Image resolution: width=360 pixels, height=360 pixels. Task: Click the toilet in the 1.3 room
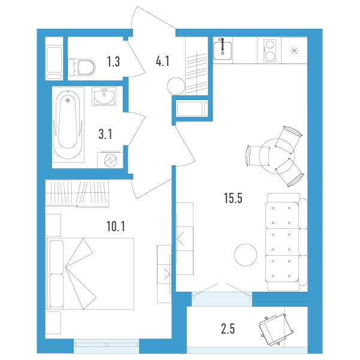pyautogui.click(x=82, y=67)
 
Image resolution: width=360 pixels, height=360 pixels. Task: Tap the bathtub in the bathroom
pyautogui.click(x=68, y=125)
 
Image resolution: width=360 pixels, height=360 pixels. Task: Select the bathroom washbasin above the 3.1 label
pyautogui.click(x=104, y=96)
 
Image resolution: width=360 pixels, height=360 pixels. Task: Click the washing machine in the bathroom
pyautogui.click(x=110, y=159)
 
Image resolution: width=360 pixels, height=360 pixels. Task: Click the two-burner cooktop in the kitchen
pyautogui.click(x=270, y=50)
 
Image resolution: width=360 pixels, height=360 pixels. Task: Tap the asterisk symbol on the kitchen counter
pyautogui.click(x=294, y=50)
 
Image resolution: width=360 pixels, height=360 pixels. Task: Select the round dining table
pyautogui.click(x=277, y=156)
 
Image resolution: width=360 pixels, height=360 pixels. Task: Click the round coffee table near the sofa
pyautogui.click(x=246, y=255)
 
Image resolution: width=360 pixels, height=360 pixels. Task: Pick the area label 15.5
pyautogui.click(x=233, y=198)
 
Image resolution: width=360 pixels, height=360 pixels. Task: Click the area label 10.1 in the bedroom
pyautogui.click(x=116, y=226)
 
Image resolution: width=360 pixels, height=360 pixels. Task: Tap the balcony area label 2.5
pyautogui.click(x=228, y=328)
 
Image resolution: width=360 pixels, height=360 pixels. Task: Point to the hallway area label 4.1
pyautogui.click(x=162, y=61)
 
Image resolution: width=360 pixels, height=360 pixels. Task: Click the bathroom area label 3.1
pyautogui.click(x=105, y=134)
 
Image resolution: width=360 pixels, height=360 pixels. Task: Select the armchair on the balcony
pyautogui.click(x=276, y=329)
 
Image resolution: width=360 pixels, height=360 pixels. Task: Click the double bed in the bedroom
pyautogui.click(x=90, y=274)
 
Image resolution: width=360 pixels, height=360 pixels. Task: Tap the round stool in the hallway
pyautogui.click(x=176, y=86)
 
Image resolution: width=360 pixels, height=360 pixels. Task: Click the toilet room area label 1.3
pyautogui.click(x=113, y=62)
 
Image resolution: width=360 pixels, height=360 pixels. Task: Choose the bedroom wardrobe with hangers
pyautogui.click(x=77, y=193)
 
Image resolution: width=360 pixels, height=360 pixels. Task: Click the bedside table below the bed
pyautogui.click(x=53, y=323)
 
